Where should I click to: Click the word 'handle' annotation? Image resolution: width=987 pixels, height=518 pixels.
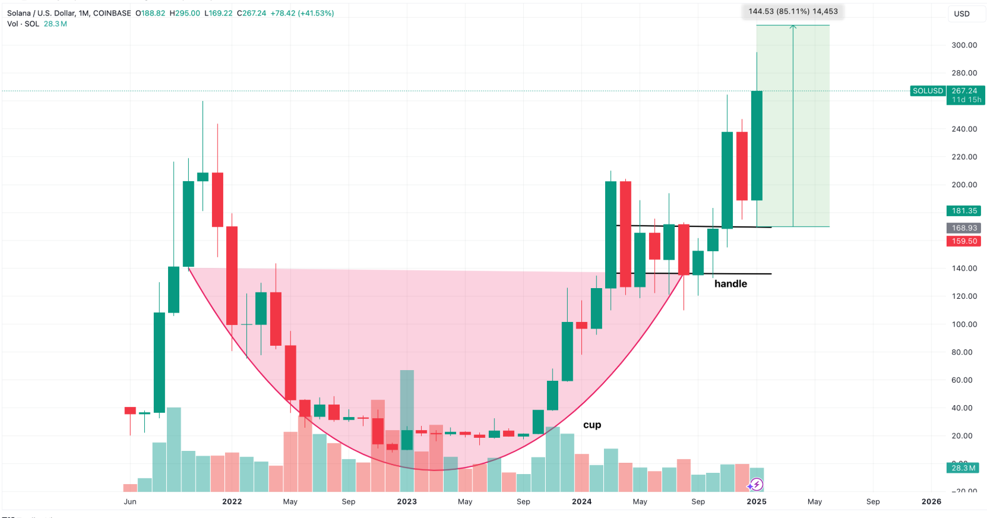click(x=730, y=284)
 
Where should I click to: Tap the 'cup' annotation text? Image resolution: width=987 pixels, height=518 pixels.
click(x=592, y=425)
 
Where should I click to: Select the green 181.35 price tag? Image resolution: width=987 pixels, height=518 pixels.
click(x=964, y=211)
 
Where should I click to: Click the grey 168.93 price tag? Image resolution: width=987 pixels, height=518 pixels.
click(x=964, y=228)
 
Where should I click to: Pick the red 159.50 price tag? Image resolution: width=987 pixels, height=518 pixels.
click(x=964, y=241)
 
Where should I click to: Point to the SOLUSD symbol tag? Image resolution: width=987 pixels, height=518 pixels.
click(x=928, y=91)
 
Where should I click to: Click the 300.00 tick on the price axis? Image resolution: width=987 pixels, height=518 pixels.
click(x=964, y=45)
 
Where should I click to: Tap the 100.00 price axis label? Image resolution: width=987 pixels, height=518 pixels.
click(x=964, y=324)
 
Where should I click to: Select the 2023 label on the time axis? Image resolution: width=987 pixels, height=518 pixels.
click(x=407, y=501)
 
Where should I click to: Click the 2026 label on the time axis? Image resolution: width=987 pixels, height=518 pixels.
click(x=931, y=501)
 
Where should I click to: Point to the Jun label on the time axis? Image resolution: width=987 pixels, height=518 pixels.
click(x=130, y=501)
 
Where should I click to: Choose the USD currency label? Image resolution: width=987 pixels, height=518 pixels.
click(x=961, y=14)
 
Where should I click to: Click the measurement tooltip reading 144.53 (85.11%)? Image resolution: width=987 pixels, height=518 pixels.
click(x=793, y=11)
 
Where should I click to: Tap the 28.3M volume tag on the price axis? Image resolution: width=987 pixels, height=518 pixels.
click(x=963, y=468)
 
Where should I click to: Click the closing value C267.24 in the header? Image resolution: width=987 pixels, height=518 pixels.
click(x=251, y=13)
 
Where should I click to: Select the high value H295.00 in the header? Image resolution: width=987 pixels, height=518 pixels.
click(x=185, y=13)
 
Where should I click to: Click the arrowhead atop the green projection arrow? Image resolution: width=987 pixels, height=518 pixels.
click(x=793, y=27)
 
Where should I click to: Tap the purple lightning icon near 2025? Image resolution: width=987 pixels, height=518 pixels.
click(x=756, y=485)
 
